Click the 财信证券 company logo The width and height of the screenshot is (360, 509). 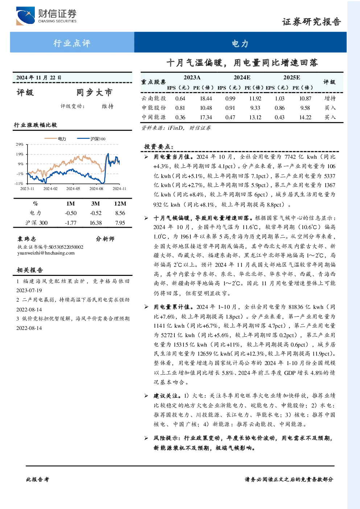point(46,16)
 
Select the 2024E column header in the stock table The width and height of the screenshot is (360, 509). point(242,78)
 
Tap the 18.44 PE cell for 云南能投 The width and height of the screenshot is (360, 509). point(206,98)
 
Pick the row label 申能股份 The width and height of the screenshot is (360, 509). point(154,108)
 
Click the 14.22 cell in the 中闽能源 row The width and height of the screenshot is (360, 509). point(305,117)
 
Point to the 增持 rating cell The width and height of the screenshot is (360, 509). point(330,98)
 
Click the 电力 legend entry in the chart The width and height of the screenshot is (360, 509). point(55,138)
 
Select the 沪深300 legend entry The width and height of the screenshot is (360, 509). point(91,138)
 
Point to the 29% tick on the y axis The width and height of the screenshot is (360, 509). point(20,144)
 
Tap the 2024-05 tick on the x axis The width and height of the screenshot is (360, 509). point(73,189)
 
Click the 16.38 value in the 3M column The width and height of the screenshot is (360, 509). point(96,223)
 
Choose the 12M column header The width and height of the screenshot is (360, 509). point(120,204)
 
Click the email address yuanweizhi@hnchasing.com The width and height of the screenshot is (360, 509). point(46,253)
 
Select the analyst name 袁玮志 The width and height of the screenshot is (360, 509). point(26,239)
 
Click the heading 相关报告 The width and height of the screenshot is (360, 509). point(30,270)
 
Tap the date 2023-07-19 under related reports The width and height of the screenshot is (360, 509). point(29,290)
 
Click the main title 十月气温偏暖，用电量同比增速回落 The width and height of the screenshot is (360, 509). point(242,62)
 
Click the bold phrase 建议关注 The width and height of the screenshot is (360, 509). point(165,396)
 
